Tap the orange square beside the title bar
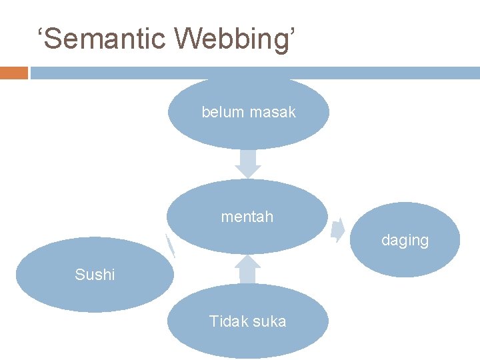click(14, 73)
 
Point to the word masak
click(273, 113)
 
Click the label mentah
click(247, 217)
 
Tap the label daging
click(405, 240)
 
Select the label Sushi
click(95, 275)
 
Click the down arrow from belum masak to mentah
click(248, 163)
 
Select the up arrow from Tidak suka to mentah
click(248, 269)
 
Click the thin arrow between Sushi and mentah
click(171, 246)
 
